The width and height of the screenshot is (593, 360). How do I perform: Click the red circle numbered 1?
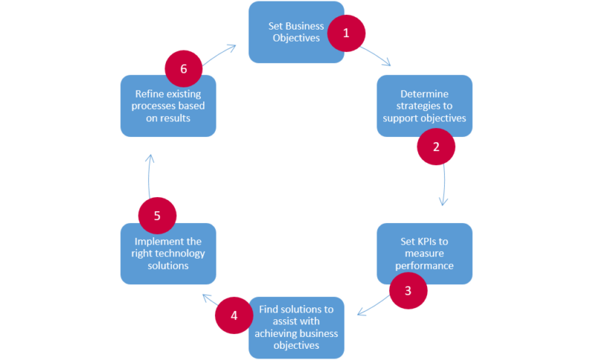coord(345,33)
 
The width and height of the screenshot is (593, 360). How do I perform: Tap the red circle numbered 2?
coord(436,146)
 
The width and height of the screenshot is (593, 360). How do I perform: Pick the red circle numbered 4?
coord(234,315)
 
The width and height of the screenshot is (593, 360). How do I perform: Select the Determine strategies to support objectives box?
coord(423,105)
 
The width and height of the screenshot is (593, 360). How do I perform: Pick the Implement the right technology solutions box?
coord(168,253)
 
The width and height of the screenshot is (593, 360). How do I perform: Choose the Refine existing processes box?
coord(168,106)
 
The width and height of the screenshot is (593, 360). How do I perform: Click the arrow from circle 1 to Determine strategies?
coord(377,58)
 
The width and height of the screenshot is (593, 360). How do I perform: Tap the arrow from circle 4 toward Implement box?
coord(209,299)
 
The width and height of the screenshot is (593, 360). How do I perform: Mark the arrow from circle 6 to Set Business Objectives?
coord(219,51)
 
